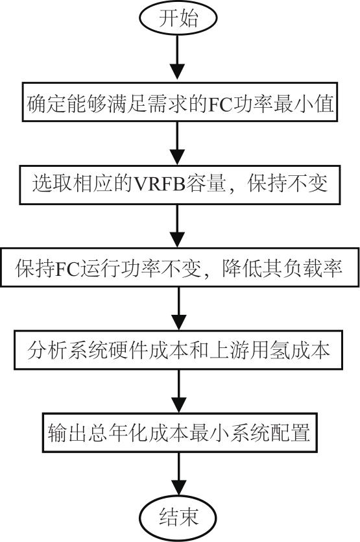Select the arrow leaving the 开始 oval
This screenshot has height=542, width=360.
click(x=178, y=58)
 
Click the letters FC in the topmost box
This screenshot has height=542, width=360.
click(x=220, y=103)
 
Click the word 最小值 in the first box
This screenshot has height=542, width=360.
click(x=304, y=103)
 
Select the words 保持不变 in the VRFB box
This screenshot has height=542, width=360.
click(x=287, y=183)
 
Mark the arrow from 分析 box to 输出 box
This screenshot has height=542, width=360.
click(x=179, y=391)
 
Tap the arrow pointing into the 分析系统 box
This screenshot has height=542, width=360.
click(x=179, y=308)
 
